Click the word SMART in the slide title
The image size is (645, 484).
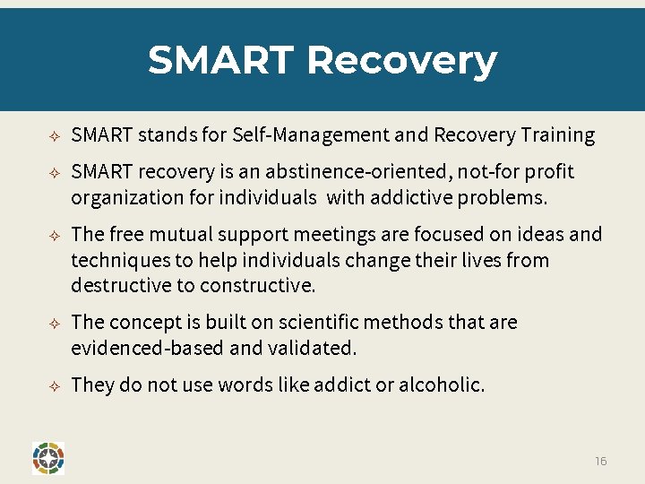[220, 61]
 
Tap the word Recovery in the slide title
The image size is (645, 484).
[401, 61]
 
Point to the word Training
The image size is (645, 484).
[557, 135]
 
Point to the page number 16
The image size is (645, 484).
[600, 461]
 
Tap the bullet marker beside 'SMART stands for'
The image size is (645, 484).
[54, 136]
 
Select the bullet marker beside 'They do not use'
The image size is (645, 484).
[54, 386]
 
